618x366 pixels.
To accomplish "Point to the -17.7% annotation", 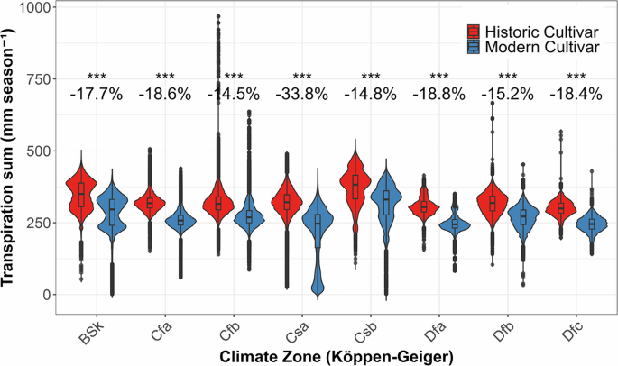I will pyautogui.click(x=96, y=94).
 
